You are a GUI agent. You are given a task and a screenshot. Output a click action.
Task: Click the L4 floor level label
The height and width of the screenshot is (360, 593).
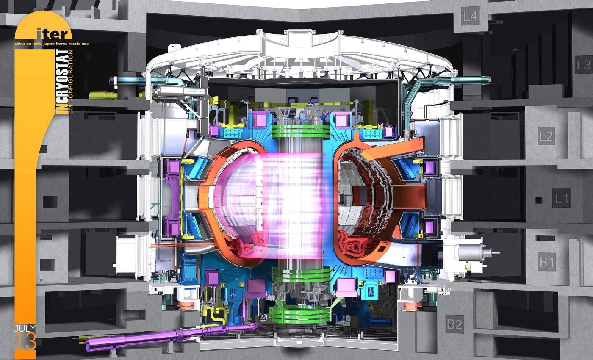click(471, 17)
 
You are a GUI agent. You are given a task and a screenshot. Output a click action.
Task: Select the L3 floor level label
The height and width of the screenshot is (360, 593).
click(583, 65)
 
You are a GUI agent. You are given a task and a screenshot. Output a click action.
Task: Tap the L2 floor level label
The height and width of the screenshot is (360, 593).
click(546, 136)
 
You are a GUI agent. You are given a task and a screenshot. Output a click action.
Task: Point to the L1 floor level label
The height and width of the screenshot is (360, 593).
click(562, 198)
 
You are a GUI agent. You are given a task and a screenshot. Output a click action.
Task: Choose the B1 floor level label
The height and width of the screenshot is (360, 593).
click(547, 263)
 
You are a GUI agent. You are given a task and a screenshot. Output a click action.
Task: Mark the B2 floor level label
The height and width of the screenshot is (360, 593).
click(454, 324)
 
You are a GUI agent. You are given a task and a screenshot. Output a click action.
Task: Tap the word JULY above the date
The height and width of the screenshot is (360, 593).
click(25, 329)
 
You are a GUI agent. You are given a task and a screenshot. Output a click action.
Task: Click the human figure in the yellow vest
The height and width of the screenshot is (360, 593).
click(468, 270)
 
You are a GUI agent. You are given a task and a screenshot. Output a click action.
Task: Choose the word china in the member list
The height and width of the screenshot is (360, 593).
click(20, 43)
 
